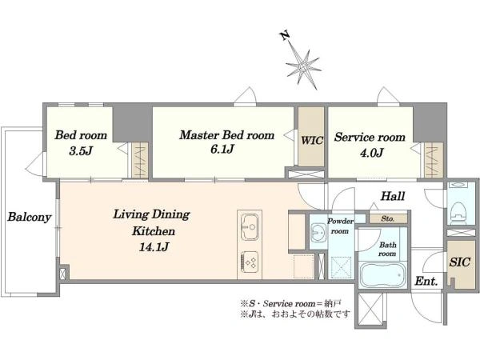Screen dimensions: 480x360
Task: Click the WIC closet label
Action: [x=312, y=141]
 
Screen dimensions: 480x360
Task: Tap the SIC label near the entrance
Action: [x=459, y=262]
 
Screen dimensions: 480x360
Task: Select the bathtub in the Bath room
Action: [x=383, y=274]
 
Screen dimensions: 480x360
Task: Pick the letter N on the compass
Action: [x=286, y=36]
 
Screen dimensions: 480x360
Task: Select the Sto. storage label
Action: [x=388, y=219]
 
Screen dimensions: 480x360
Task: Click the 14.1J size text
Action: [x=154, y=246]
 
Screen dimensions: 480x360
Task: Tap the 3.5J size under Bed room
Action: [x=81, y=150]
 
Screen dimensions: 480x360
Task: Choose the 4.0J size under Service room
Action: [x=371, y=152]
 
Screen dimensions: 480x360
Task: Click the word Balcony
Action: [x=30, y=217]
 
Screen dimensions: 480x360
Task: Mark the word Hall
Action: [x=393, y=196]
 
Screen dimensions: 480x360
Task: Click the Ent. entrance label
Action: [x=426, y=281]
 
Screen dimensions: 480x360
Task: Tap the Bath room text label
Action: [x=387, y=249]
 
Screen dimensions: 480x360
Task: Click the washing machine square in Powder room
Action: [x=341, y=266]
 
